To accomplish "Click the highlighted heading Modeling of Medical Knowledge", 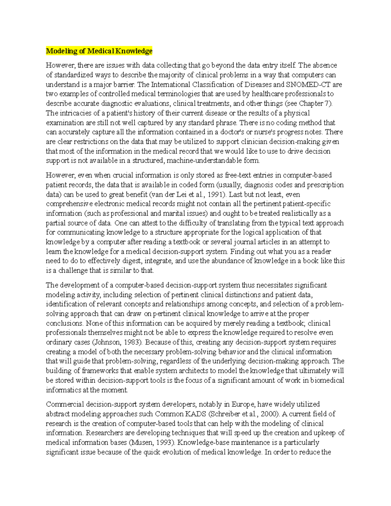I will [x=99, y=51].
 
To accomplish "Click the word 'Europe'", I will [x=243, y=405].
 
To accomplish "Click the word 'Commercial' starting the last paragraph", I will [x=65, y=405].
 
